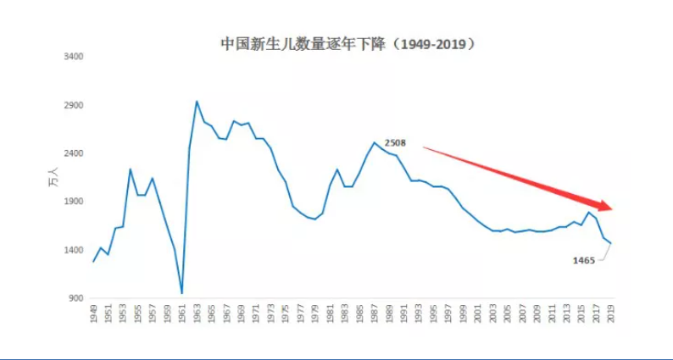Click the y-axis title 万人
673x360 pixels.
pos(52,178)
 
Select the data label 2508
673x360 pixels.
pos(395,143)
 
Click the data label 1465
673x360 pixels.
pos(585,260)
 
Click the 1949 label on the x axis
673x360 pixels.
pos(93,315)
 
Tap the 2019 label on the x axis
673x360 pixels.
pos(610,315)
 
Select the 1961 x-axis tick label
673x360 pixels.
pos(182,315)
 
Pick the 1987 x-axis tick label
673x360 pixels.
pos(374,315)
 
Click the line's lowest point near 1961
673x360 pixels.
pos(182,293)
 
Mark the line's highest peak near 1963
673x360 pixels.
pos(197,102)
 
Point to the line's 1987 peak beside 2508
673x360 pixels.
pos(374,142)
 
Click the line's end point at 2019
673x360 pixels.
pos(610,244)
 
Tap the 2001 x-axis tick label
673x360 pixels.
pos(477,315)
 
